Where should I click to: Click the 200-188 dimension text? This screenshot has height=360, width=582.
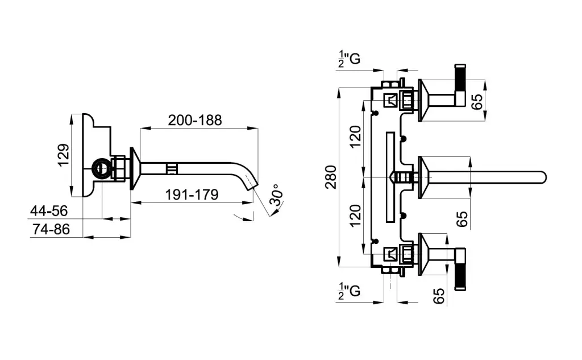click(x=194, y=120)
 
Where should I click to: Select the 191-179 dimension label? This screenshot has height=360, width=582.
click(x=192, y=195)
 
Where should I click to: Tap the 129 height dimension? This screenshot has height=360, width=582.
click(x=64, y=155)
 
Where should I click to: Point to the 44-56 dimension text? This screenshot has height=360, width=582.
click(x=49, y=211)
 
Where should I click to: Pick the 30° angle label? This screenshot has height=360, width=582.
click(x=276, y=196)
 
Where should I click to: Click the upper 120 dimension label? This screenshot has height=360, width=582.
click(x=355, y=136)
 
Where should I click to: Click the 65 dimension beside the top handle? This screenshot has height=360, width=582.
click(x=477, y=102)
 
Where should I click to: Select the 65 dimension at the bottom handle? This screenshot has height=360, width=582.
click(x=438, y=296)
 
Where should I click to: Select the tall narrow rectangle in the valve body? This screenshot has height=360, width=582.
click(x=389, y=177)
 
